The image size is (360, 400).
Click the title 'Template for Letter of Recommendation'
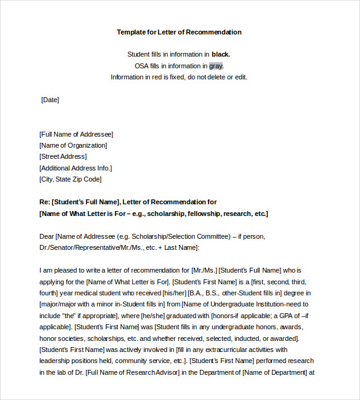click(179, 32)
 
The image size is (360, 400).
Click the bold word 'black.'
click(221, 54)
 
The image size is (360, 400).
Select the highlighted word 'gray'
click(215, 66)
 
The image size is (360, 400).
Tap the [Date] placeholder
click(50, 100)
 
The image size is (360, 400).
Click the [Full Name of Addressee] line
click(76, 134)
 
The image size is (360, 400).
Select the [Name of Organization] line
click(73, 145)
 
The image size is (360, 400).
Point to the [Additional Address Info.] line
click(76, 168)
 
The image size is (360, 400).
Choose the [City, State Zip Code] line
click(70, 179)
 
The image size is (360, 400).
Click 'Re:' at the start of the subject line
click(44, 202)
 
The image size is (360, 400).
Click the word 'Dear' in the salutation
click(46, 236)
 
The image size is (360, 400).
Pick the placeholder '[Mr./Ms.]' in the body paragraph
click(204, 270)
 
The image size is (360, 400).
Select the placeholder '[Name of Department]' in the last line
click(276, 372)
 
